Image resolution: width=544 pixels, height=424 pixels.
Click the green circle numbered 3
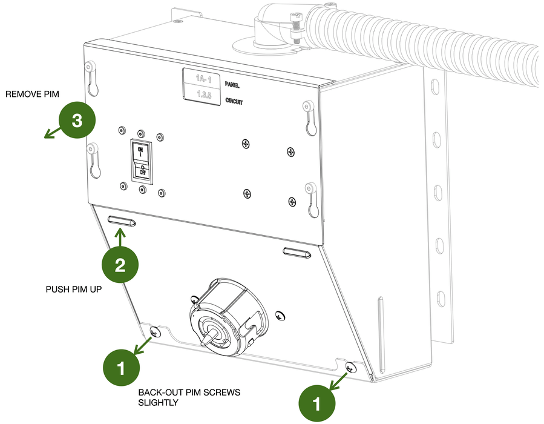coord(77,121)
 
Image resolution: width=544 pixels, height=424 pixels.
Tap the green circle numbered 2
coord(120,265)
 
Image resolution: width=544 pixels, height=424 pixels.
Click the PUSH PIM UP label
coord(73,289)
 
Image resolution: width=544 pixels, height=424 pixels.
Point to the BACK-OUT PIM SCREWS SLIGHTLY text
coord(189,397)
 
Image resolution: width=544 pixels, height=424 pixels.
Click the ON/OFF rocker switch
coord(141,162)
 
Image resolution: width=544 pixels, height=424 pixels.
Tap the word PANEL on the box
coord(233,84)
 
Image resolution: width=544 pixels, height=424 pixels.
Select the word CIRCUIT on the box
coord(234,101)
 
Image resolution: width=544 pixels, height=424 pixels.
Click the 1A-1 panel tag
coord(202,78)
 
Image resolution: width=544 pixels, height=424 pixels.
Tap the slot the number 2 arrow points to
coord(122,222)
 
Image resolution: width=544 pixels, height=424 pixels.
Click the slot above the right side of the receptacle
coord(298,251)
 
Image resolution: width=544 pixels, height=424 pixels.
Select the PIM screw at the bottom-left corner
coord(154,331)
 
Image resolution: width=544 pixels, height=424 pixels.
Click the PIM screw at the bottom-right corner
coord(350,367)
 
